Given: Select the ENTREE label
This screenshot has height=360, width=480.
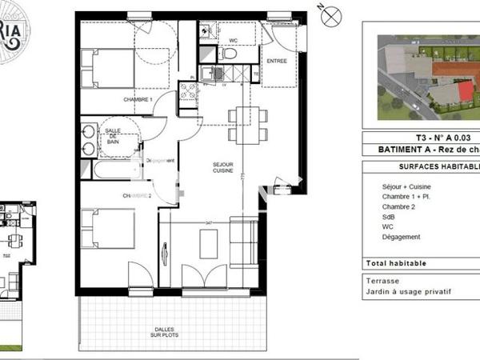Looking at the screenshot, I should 277,60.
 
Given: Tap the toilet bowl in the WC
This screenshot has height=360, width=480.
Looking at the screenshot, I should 230,54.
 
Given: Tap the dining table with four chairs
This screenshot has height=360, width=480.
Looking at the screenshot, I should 243,123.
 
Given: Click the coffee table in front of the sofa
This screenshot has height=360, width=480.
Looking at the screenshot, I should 208,242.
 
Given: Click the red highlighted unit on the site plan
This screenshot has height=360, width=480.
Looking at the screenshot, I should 465,94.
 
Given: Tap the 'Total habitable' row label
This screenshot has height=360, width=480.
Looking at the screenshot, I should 397,263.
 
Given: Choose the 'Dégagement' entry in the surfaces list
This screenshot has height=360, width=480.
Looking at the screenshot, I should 402,237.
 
